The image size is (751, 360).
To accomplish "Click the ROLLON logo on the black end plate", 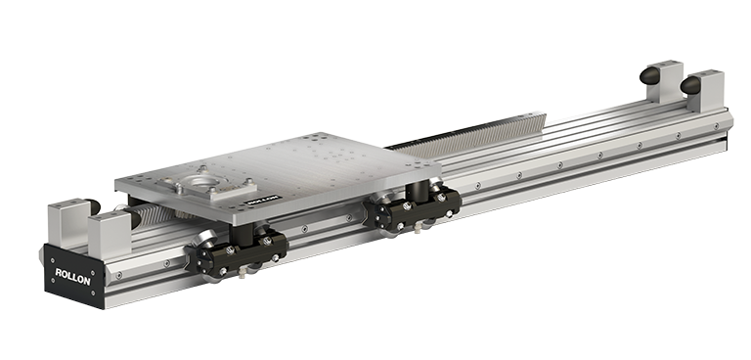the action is pos(72,276).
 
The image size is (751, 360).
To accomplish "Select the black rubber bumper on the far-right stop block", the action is pos(690,85).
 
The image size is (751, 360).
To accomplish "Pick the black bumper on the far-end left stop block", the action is pos(650,75).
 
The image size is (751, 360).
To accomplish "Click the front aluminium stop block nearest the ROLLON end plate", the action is pos(110,235).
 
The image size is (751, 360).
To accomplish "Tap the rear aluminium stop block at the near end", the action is pos(68,223).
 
